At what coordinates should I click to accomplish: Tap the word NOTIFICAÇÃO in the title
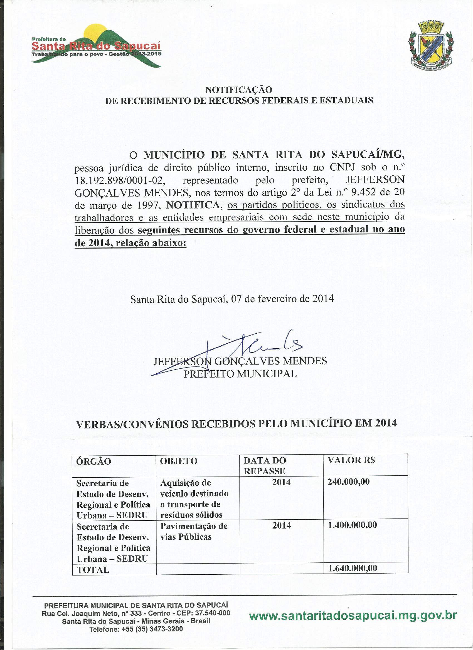(x=239, y=90)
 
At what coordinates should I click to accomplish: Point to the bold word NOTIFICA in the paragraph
(x=193, y=205)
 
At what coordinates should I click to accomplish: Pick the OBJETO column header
(x=179, y=461)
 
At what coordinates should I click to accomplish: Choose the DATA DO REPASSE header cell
(x=265, y=466)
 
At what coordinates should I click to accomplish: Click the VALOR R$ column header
(x=351, y=460)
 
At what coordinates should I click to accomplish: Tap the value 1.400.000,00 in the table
(x=352, y=525)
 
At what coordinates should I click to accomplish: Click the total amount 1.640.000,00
(x=353, y=568)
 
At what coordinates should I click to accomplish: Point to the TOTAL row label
(x=93, y=569)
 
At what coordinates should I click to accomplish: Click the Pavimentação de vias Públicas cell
(x=194, y=531)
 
